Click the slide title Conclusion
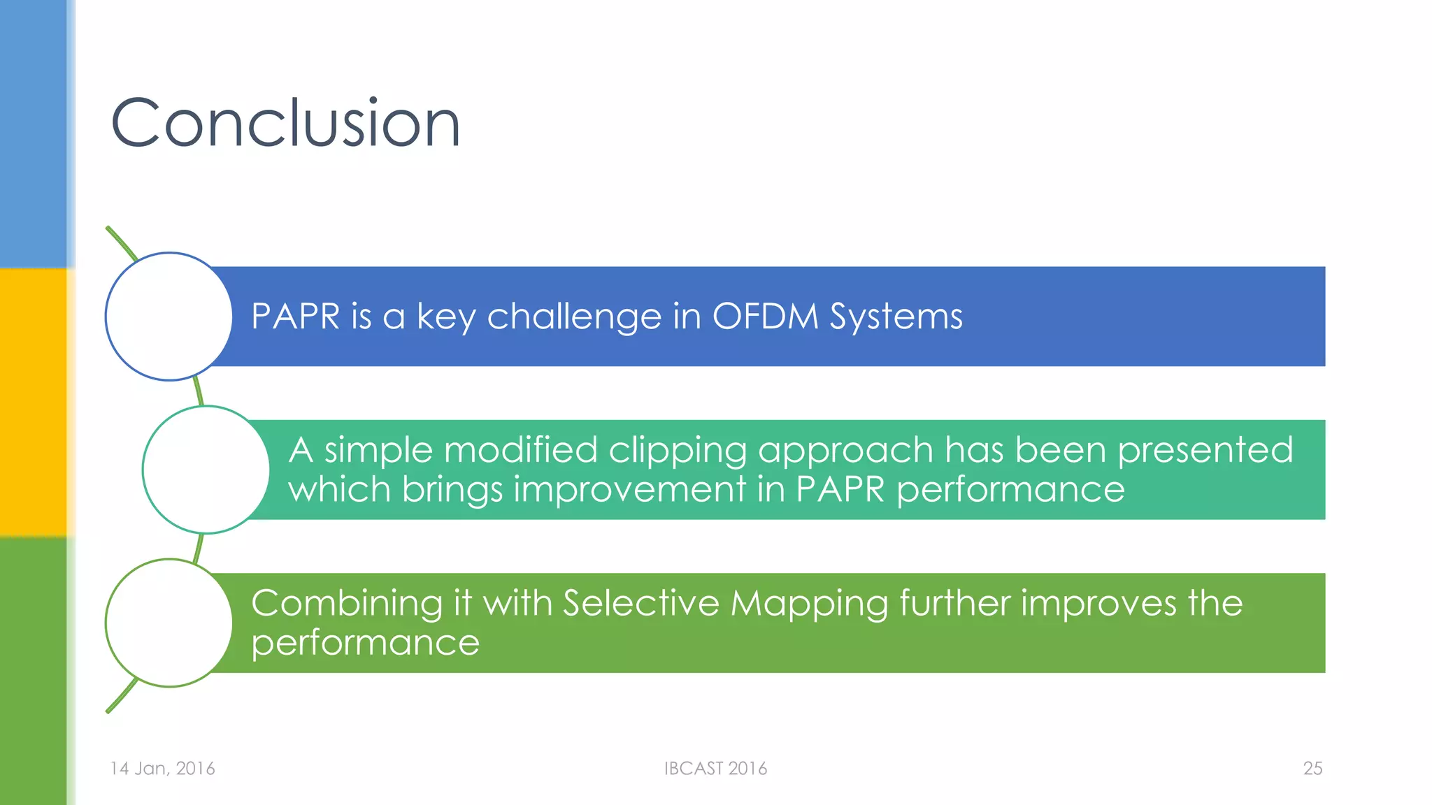[x=285, y=124]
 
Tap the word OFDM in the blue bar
[x=765, y=316]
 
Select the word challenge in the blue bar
[x=573, y=317]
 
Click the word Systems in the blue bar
[x=896, y=317]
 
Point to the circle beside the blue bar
[x=169, y=317]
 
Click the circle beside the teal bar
[x=206, y=470]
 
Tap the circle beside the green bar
[x=169, y=623]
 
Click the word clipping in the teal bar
[x=678, y=450]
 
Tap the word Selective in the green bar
[x=640, y=602]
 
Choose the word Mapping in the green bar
[x=809, y=604]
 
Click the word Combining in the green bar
[x=347, y=604]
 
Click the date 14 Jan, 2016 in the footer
[x=162, y=768]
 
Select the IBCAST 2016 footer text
[x=715, y=768]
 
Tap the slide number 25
[x=1312, y=768]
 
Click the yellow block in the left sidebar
[x=33, y=402]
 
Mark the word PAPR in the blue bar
[x=295, y=316]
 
